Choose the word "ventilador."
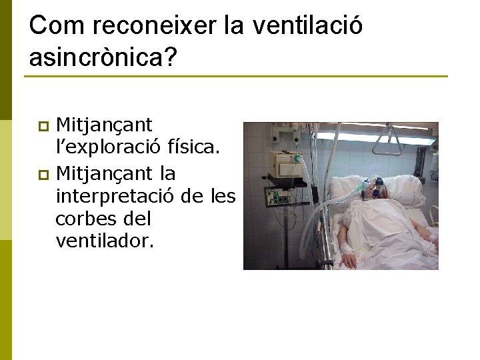click(x=105, y=241)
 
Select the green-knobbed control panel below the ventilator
click(x=278, y=197)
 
